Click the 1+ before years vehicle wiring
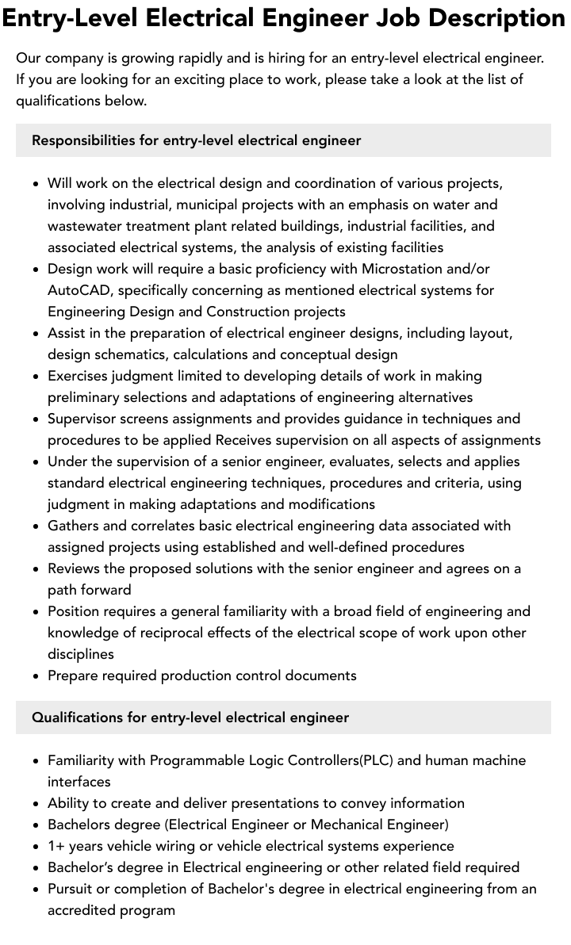pos(56,846)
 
